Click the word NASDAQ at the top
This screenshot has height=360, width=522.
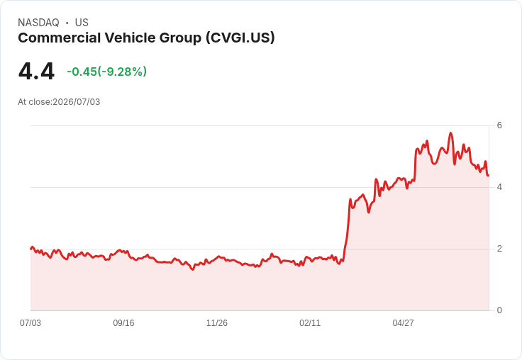coord(38,23)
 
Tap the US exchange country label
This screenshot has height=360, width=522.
coord(82,23)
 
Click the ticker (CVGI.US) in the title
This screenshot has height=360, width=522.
coord(240,38)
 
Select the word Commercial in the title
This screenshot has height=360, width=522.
coord(60,38)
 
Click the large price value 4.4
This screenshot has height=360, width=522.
coord(36,71)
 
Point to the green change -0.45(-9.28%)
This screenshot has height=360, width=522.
coord(107,72)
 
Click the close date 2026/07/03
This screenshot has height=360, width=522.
coord(76,102)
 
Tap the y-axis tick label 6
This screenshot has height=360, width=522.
coord(499,125)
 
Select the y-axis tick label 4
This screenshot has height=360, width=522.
coord(499,187)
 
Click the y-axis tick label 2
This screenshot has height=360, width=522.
coord(499,249)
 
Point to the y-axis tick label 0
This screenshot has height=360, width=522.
coord(499,310)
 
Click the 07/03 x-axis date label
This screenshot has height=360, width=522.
coord(30,322)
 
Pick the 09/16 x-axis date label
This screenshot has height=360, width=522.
coord(123,322)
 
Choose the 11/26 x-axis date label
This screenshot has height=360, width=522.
coord(217,322)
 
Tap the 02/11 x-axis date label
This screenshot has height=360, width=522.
coord(310,322)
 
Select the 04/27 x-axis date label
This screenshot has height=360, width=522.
coord(403,322)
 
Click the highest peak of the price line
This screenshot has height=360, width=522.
coord(451,133)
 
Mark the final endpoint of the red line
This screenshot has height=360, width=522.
coord(489,175)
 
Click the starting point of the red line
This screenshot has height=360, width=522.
coord(30,249)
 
